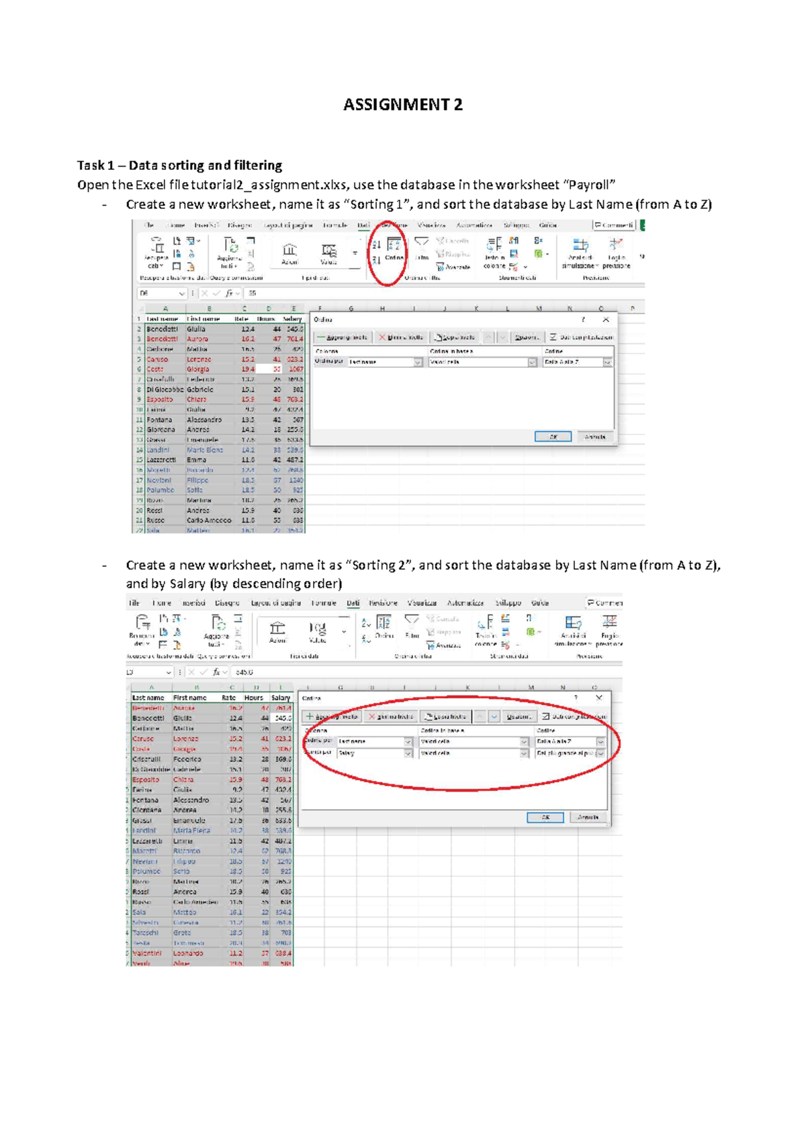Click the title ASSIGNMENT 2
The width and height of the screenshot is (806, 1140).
click(403, 105)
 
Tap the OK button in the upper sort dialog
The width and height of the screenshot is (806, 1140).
click(553, 436)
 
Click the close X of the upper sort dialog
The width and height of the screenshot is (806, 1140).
click(605, 320)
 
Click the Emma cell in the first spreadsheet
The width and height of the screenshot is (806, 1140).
click(197, 460)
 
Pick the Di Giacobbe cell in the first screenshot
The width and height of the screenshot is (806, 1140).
click(165, 389)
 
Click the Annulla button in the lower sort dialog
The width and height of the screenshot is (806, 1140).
click(588, 817)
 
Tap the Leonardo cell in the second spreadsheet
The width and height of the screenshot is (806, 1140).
click(188, 953)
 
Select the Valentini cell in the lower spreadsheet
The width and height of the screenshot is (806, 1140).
click(147, 953)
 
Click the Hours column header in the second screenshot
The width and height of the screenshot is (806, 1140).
click(254, 698)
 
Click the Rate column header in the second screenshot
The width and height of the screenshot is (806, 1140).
click(229, 698)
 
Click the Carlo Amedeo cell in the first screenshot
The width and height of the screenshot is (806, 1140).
click(209, 520)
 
